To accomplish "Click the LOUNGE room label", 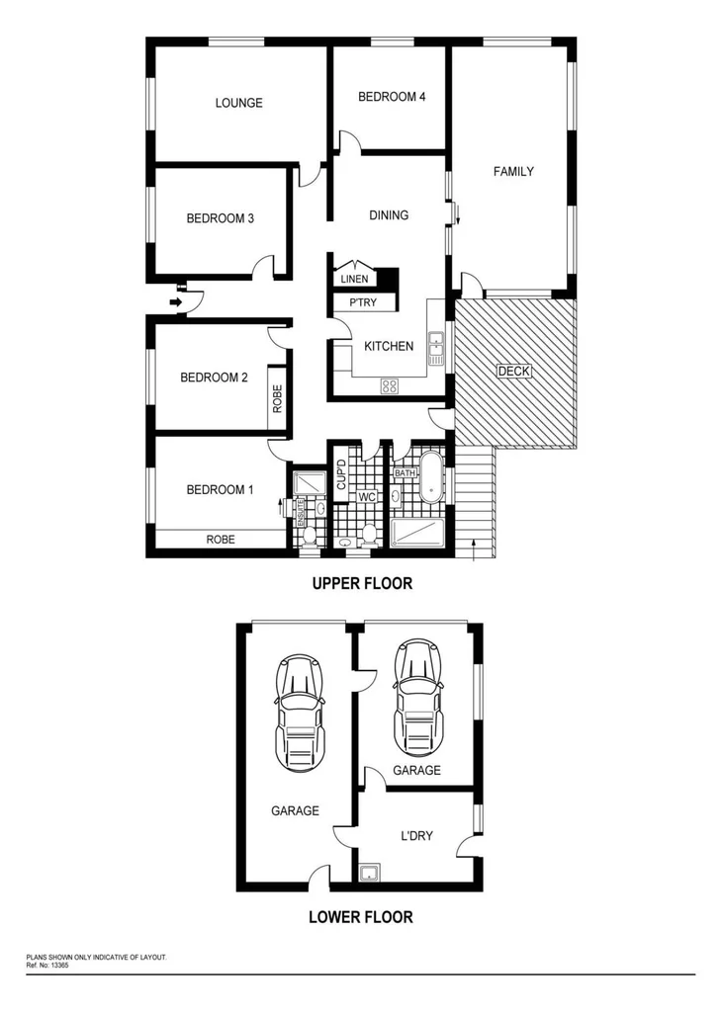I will point(239,103).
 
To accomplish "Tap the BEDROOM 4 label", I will point(392,97).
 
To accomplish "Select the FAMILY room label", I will point(513,172).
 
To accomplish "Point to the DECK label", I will point(513,372).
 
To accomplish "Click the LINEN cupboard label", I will point(354,280).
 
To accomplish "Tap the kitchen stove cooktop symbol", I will point(389,385).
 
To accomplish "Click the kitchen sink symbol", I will point(436,343).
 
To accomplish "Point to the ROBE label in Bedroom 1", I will point(220,540).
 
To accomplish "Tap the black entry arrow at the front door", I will point(177,300).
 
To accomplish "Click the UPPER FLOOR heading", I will point(362,584).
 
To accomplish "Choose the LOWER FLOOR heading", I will point(361,917).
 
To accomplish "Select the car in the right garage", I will point(417,697).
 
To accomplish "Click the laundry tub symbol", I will point(370,873).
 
